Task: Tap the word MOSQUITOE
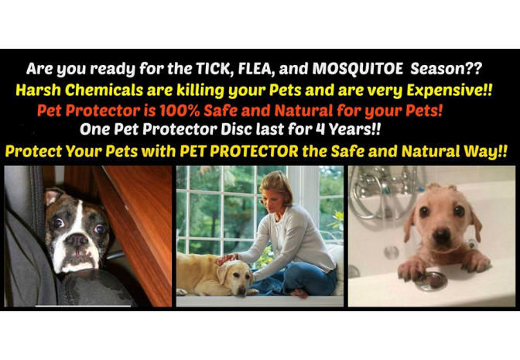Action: coord(357,69)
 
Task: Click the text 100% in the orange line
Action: coord(180,111)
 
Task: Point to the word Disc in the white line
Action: coord(236,129)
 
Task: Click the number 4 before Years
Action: coord(320,129)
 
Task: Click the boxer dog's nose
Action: coord(76,239)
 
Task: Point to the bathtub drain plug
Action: coord(431,281)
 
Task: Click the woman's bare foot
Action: coord(299,293)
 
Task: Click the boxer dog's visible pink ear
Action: coord(52,197)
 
